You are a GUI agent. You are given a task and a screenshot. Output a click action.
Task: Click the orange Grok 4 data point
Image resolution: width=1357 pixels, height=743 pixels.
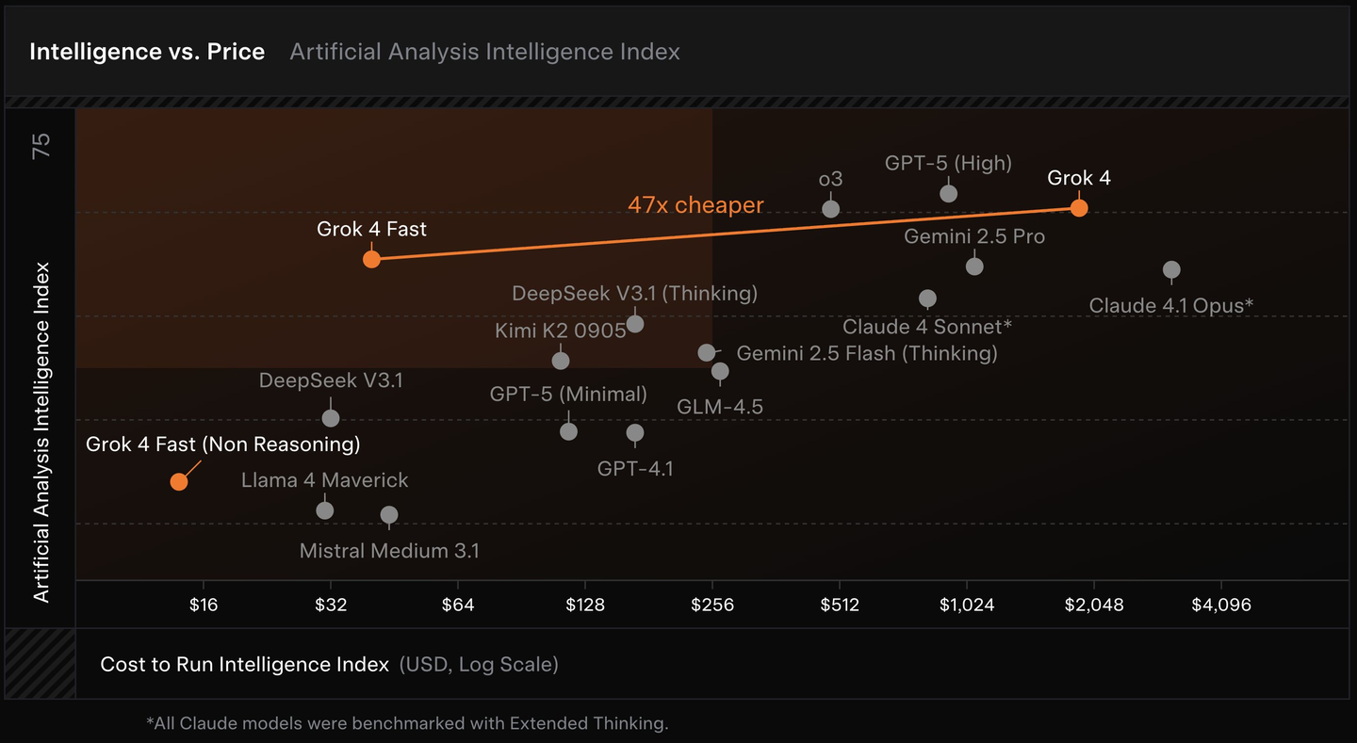[x=1079, y=208]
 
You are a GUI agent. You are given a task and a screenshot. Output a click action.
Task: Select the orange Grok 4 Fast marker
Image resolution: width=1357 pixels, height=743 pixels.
[x=371, y=259]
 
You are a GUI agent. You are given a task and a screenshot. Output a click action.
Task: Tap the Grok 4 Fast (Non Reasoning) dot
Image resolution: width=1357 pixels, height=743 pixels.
[x=178, y=481]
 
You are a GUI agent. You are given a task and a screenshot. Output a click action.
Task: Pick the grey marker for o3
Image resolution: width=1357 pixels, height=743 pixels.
[x=830, y=208]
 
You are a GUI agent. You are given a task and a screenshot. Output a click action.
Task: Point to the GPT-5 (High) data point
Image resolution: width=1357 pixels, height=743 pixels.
[x=949, y=193]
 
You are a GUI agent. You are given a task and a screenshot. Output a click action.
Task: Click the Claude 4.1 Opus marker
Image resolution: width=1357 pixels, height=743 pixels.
[x=1171, y=270]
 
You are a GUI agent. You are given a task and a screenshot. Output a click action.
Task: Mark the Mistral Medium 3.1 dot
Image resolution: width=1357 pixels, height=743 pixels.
[x=389, y=515]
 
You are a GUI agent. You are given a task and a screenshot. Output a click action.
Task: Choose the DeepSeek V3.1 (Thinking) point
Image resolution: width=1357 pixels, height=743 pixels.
[x=635, y=324]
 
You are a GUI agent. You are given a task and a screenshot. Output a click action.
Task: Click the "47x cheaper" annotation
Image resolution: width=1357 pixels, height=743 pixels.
[x=695, y=204]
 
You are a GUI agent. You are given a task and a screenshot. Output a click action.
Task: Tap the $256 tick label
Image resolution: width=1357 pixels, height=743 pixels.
[x=712, y=605]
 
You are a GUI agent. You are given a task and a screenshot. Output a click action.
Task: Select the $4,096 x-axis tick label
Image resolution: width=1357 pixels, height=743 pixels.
[x=1221, y=605]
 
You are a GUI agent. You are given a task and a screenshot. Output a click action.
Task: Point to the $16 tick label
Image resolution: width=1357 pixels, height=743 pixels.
[x=204, y=605]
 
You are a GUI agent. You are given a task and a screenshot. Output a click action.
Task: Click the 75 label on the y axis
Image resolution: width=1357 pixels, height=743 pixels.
[x=41, y=146]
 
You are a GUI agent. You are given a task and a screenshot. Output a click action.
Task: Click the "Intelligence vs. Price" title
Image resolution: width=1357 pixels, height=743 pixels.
[x=147, y=52]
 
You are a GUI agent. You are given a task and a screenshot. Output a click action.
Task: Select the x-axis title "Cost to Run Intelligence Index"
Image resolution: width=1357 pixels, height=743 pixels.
[x=245, y=665]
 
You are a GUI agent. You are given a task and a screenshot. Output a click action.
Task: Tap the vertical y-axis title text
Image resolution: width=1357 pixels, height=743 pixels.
[x=41, y=431]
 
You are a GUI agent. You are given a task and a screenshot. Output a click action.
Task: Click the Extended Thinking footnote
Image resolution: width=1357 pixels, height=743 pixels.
[x=407, y=723]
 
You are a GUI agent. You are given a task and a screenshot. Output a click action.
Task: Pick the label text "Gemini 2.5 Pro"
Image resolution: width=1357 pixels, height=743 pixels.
[x=974, y=236]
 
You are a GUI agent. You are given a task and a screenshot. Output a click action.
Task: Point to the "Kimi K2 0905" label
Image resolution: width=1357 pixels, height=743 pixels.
[x=561, y=331]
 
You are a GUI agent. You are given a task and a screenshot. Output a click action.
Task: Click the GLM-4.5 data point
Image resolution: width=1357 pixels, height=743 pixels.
[x=720, y=371]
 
